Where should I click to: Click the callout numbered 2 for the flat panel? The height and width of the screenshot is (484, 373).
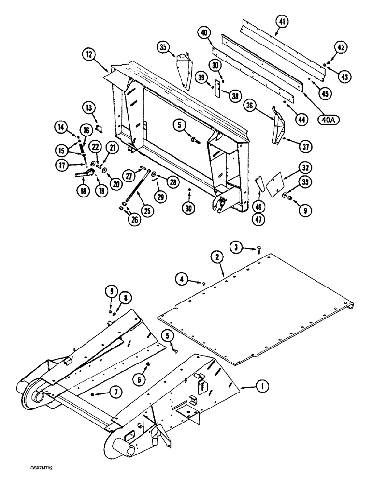tap(217, 259)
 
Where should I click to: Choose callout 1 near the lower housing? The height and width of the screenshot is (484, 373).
tap(262, 386)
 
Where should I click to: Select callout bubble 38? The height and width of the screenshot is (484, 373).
tap(236, 96)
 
